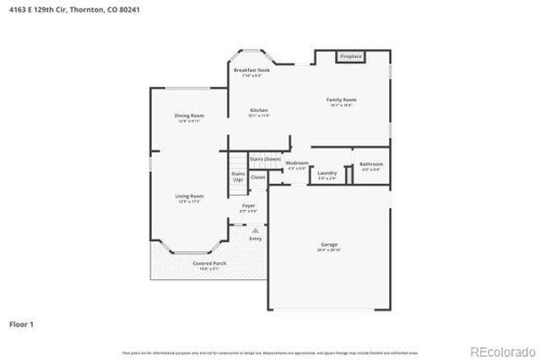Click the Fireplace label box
click(x=350, y=56)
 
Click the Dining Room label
click(x=188, y=117)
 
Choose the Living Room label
click(x=189, y=197)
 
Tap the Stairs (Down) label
click(x=265, y=159)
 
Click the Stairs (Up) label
click(x=238, y=177)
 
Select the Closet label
click(x=257, y=178)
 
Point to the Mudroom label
click(x=296, y=164)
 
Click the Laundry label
click(x=327, y=175)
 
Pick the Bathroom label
click(x=371, y=165)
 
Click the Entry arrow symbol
click(x=255, y=229)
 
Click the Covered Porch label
click(x=208, y=265)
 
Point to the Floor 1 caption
click(x=21, y=323)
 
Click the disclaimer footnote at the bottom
click(x=269, y=352)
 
